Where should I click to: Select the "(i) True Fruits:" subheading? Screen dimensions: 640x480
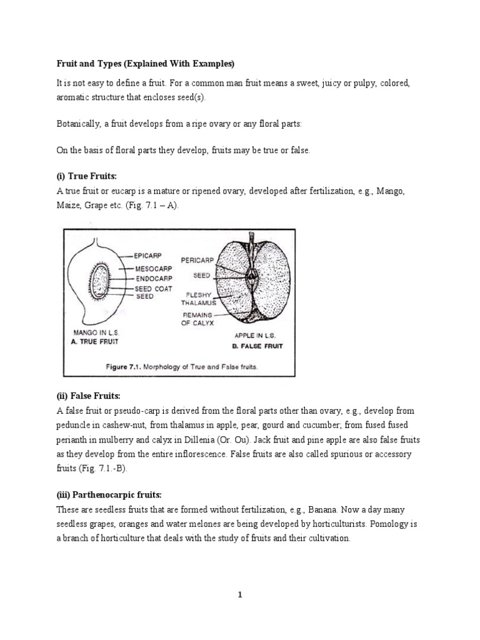(83, 177)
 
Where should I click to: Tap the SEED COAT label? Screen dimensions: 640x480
(155, 289)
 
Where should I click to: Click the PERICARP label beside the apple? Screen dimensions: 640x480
(197, 259)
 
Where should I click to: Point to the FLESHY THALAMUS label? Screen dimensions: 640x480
(198, 298)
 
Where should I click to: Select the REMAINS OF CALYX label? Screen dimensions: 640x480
(199, 319)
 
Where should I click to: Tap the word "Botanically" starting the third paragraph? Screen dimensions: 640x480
(80, 124)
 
